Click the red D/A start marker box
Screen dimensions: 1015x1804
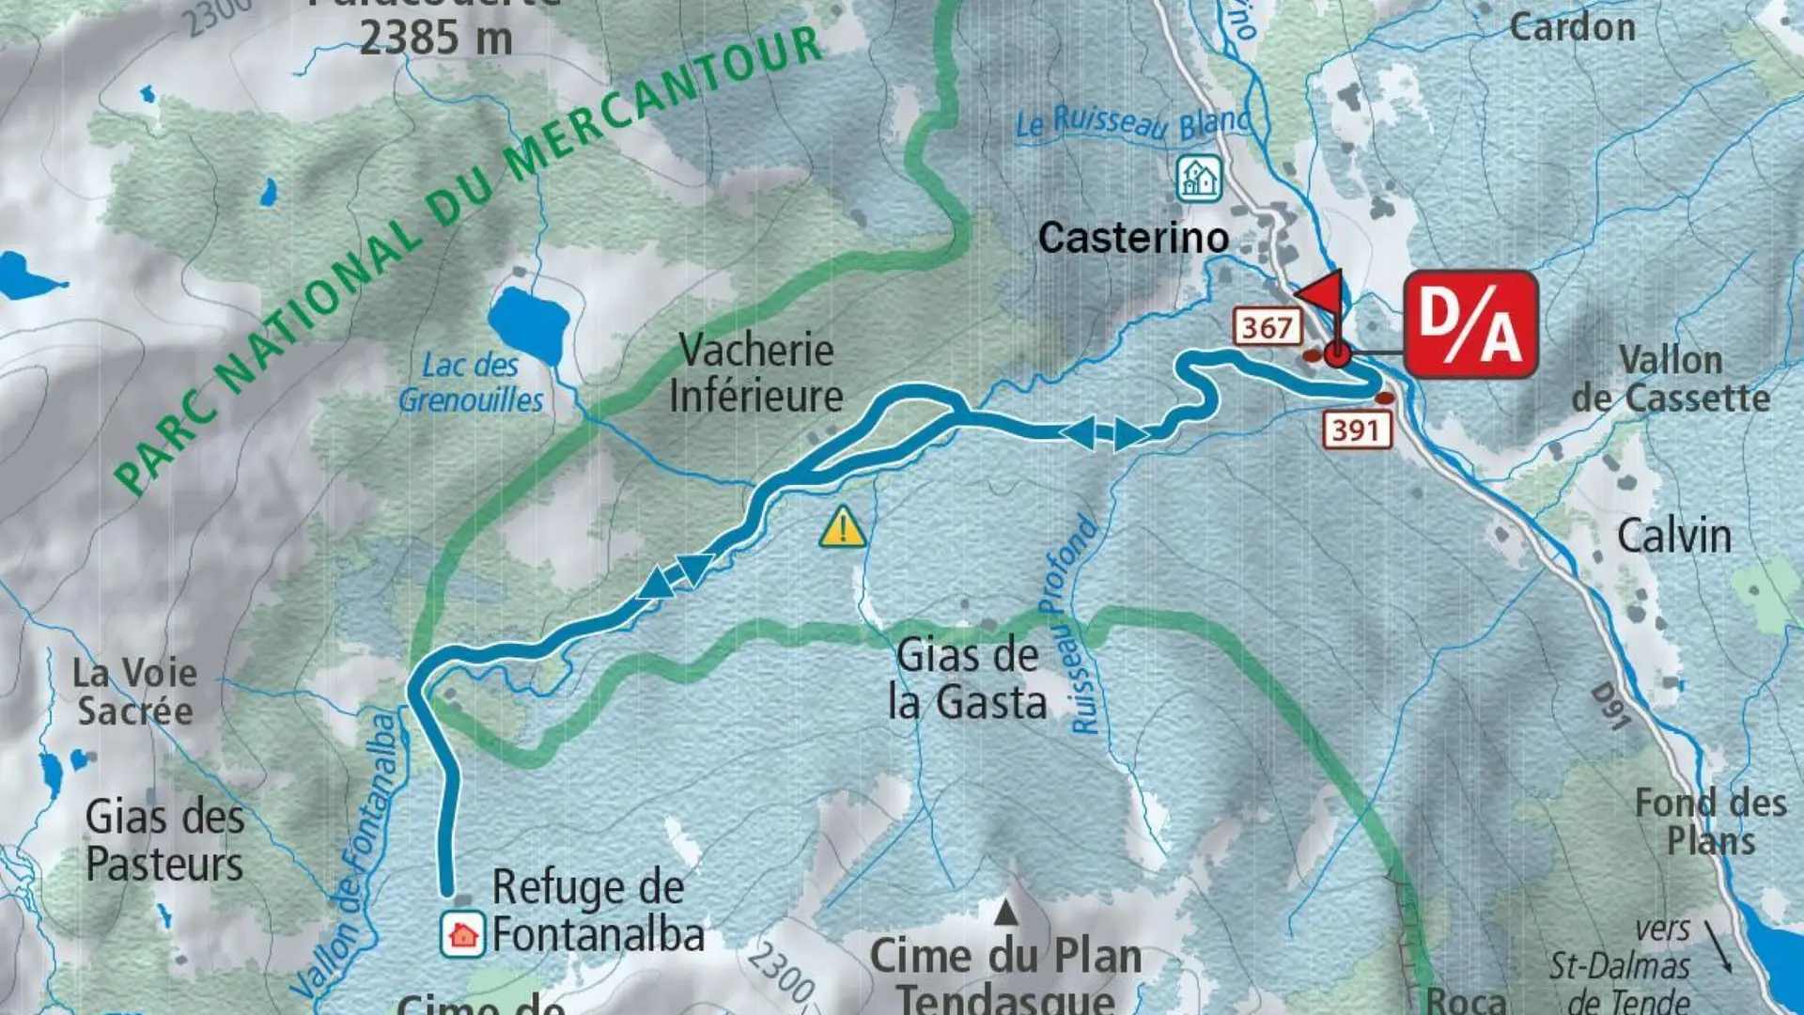(1470, 324)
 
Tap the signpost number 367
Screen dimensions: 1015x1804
(1267, 327)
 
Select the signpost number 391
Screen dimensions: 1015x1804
(1357, 430)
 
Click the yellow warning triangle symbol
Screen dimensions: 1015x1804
(843, 527)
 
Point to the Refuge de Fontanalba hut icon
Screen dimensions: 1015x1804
(462, 934)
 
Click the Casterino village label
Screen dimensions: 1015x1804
(1133, 238)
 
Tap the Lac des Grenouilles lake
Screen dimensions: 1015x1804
(529, 323)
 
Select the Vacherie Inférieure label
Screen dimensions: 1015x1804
(756, 373)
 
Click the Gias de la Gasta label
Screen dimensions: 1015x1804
(968, 679)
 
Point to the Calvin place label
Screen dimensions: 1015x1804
(1673, 537)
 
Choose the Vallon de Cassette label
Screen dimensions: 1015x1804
(1671, 379)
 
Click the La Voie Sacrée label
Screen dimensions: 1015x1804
(135, 692)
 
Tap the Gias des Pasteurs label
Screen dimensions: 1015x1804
(164, 840)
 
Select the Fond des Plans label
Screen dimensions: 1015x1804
(1710, 821)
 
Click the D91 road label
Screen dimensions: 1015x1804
(1610, 707)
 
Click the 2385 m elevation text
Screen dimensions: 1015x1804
(436, 38)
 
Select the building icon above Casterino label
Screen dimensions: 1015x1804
(1199, 178)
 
